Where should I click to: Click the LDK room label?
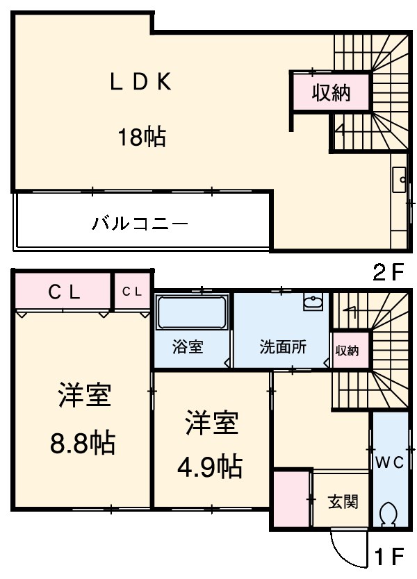[140, 83]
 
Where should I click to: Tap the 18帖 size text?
[141, 137]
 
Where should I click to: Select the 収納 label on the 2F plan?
[330, 92]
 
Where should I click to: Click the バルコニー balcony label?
[140, 224]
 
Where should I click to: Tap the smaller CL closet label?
[133, 292]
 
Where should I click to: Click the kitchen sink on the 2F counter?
[400, 180]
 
